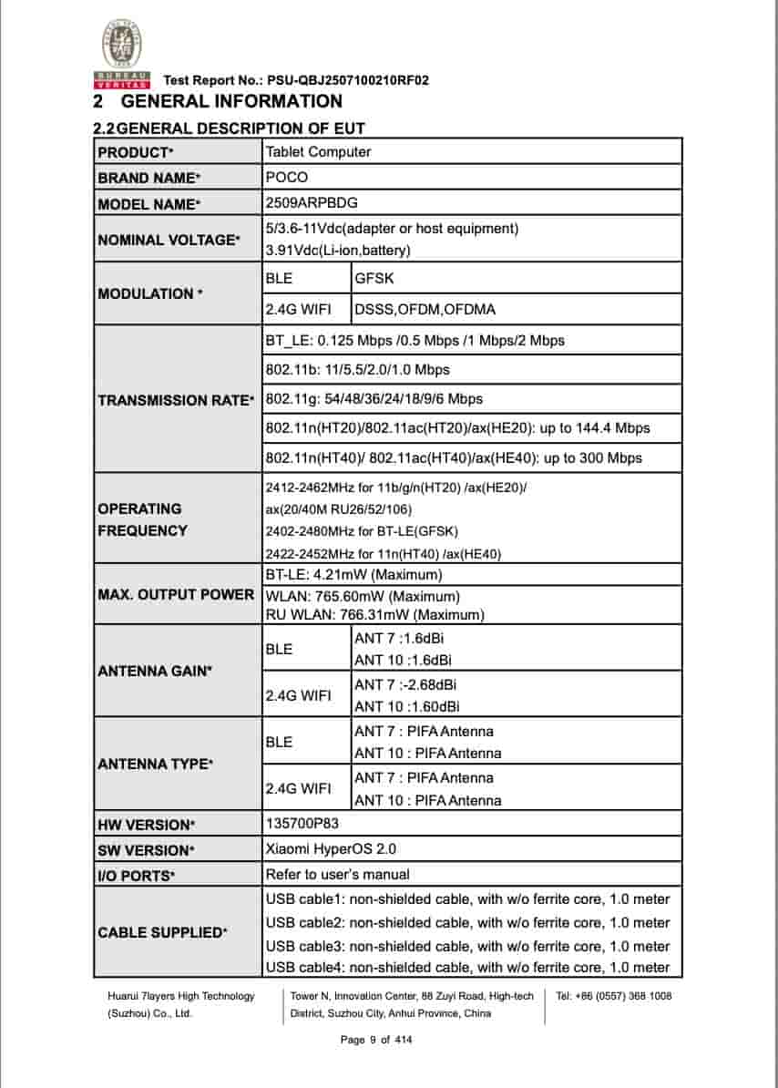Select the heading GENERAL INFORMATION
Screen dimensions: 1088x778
click(231, 101)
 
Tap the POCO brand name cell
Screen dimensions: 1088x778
click(287, 178)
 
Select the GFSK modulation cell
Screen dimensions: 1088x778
click(374, 278)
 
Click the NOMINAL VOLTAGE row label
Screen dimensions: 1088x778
click(169, 240)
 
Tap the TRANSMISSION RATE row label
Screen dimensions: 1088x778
click(176, 400)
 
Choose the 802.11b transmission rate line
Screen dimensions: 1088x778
click(357, 370)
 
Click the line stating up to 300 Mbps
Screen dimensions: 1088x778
click(454, 457)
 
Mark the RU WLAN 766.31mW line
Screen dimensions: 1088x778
click(374, 615)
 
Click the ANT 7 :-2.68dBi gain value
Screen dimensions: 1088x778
click(405, 684)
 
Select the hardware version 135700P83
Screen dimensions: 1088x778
click(302, 825)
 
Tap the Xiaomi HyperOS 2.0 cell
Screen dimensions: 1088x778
click(331, 849)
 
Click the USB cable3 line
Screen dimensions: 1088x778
click(466, 946)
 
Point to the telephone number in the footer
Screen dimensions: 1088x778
click(614, 996)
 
